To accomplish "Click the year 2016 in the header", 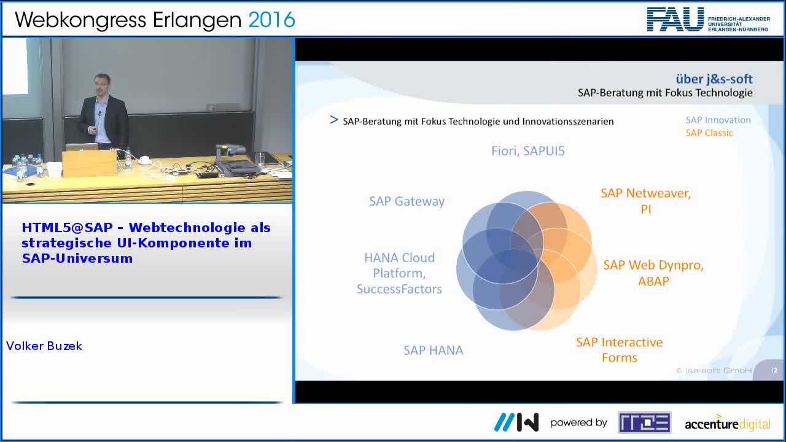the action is pyautogui.click(x=271, y=20).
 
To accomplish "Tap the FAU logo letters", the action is pyautogui.click(x=675, y=20).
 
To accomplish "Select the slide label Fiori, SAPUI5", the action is pyautogui.click(x=527, y=151).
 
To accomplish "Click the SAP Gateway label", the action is pyautogui.click(x=407, y=202).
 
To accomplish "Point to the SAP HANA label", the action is pyautogui.click(x=434, y=350).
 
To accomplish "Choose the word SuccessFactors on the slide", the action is pyautogui.click(x=399, y=289).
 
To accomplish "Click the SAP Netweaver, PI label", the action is pyautogui.click(x=645, y=201).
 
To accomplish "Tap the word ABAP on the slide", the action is pyautogui.click(x=653, y=281).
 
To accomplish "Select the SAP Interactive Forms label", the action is pyautogui.click(x=620, y=350).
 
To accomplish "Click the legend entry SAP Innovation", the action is pyautogui.click(x=718, y=120).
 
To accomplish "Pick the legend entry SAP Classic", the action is pyautogui.click(x=709, y=133).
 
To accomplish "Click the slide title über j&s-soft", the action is pyautogui.click(x=714, y=79).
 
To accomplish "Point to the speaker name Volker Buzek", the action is pyautogui.click(x=44, y=346).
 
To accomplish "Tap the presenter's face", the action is pyautogui.click(x=102, y=85).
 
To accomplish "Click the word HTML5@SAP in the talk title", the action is pyautogui.click(x=68, y=228).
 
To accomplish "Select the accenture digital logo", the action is pyautogui.click(x=728, y=423).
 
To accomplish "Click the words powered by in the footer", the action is pyautogui.click(x=578, y=423).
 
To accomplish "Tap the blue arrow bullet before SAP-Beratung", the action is pyautogui.click(x=333, y=120).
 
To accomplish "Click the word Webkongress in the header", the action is pyautogui.click(x=80, y=20).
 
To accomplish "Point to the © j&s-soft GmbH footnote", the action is pyautogui.click(x=714, y=370).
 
